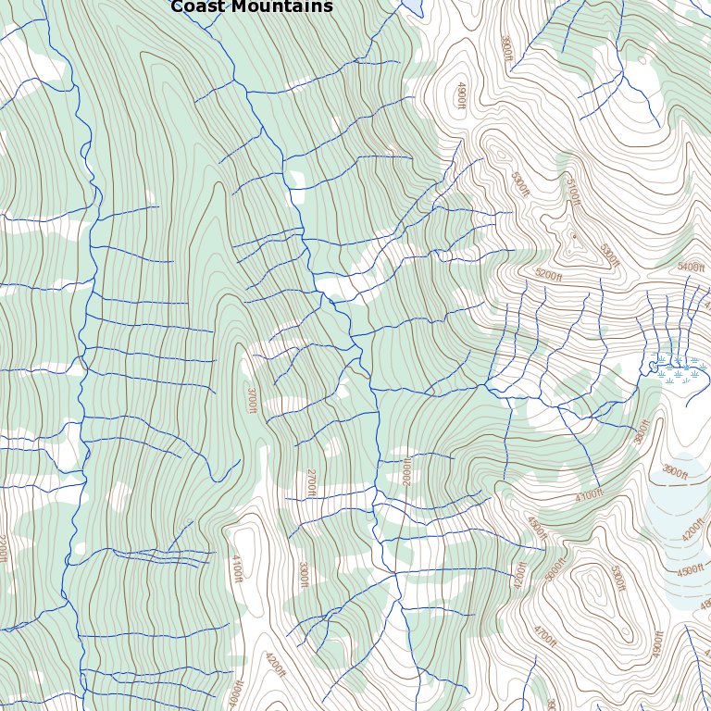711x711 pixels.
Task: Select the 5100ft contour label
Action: click(572, 192)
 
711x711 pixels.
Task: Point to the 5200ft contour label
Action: click(549, 275)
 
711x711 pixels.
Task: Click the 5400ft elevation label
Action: click(691, 267)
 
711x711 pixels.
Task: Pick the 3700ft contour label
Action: click(251, 401)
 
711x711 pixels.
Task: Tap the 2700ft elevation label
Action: click(311, 482)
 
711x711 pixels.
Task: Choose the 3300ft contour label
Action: click(302, 574)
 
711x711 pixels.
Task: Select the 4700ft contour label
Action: click(544, 635)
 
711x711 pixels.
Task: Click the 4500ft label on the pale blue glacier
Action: click(691, 571)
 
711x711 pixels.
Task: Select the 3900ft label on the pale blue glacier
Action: click(675, 473)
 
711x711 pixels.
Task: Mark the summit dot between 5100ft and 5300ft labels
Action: click(574, 236)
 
